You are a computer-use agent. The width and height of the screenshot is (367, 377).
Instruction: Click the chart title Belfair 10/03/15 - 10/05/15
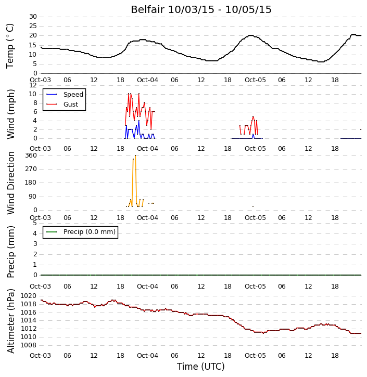(x=201, y=9)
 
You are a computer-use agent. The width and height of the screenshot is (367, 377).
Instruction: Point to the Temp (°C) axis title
(x=10, y=46)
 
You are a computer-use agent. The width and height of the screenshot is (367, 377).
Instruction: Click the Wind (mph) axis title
(x=10, y=114)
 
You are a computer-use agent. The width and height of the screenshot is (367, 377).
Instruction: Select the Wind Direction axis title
(x=10, y=183)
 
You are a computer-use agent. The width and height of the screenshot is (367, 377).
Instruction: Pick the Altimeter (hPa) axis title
(x=10, y=321)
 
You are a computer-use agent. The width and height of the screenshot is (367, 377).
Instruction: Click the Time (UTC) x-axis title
(x=201, y=367)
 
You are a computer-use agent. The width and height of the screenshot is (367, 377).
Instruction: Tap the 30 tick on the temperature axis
(x=33, y=17)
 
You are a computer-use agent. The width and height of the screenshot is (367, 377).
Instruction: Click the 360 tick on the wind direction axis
(x=31, y=155)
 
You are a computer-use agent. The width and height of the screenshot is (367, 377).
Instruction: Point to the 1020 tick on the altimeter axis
(x=29, y=296)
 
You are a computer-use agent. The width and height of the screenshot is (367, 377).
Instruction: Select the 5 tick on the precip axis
(x=35, y=223)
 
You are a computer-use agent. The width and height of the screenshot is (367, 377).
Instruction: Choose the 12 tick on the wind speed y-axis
(x=33, y=85)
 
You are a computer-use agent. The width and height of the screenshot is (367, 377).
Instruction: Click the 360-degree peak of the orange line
(x=135, y=155)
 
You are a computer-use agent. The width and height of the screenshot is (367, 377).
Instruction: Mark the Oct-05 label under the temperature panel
(x=255, y=80)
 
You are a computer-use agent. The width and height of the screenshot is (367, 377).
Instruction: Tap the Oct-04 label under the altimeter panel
(x=147, y=355)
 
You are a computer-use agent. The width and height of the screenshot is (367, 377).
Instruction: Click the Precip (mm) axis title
(x=10, y=252)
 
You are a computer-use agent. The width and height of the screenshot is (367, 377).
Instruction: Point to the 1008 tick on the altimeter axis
(x=29, y=345)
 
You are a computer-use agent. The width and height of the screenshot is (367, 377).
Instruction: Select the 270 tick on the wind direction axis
(x=31, y=169)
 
